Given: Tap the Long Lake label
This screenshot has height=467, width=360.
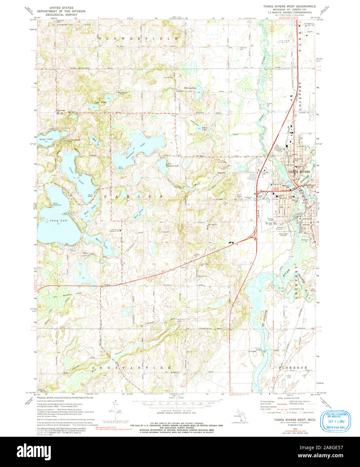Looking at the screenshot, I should pyautogui.click(x=46, y=139).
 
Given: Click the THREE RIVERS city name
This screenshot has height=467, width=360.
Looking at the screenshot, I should pyautogui.click(x=300, y=172).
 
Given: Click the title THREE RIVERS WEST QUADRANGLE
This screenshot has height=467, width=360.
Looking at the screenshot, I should pyautogui.click(x=289, y=6).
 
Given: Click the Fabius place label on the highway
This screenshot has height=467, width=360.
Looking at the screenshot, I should pyautogui.click(x=107, y=285).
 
